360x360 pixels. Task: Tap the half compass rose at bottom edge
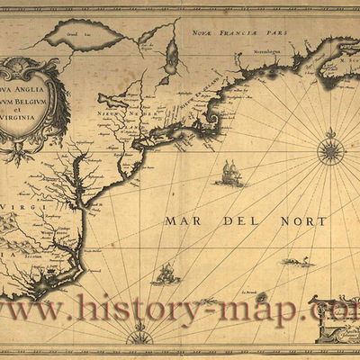(139, 337)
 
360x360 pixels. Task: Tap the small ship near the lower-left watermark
(165, 274)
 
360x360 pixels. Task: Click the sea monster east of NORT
(298, 261)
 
